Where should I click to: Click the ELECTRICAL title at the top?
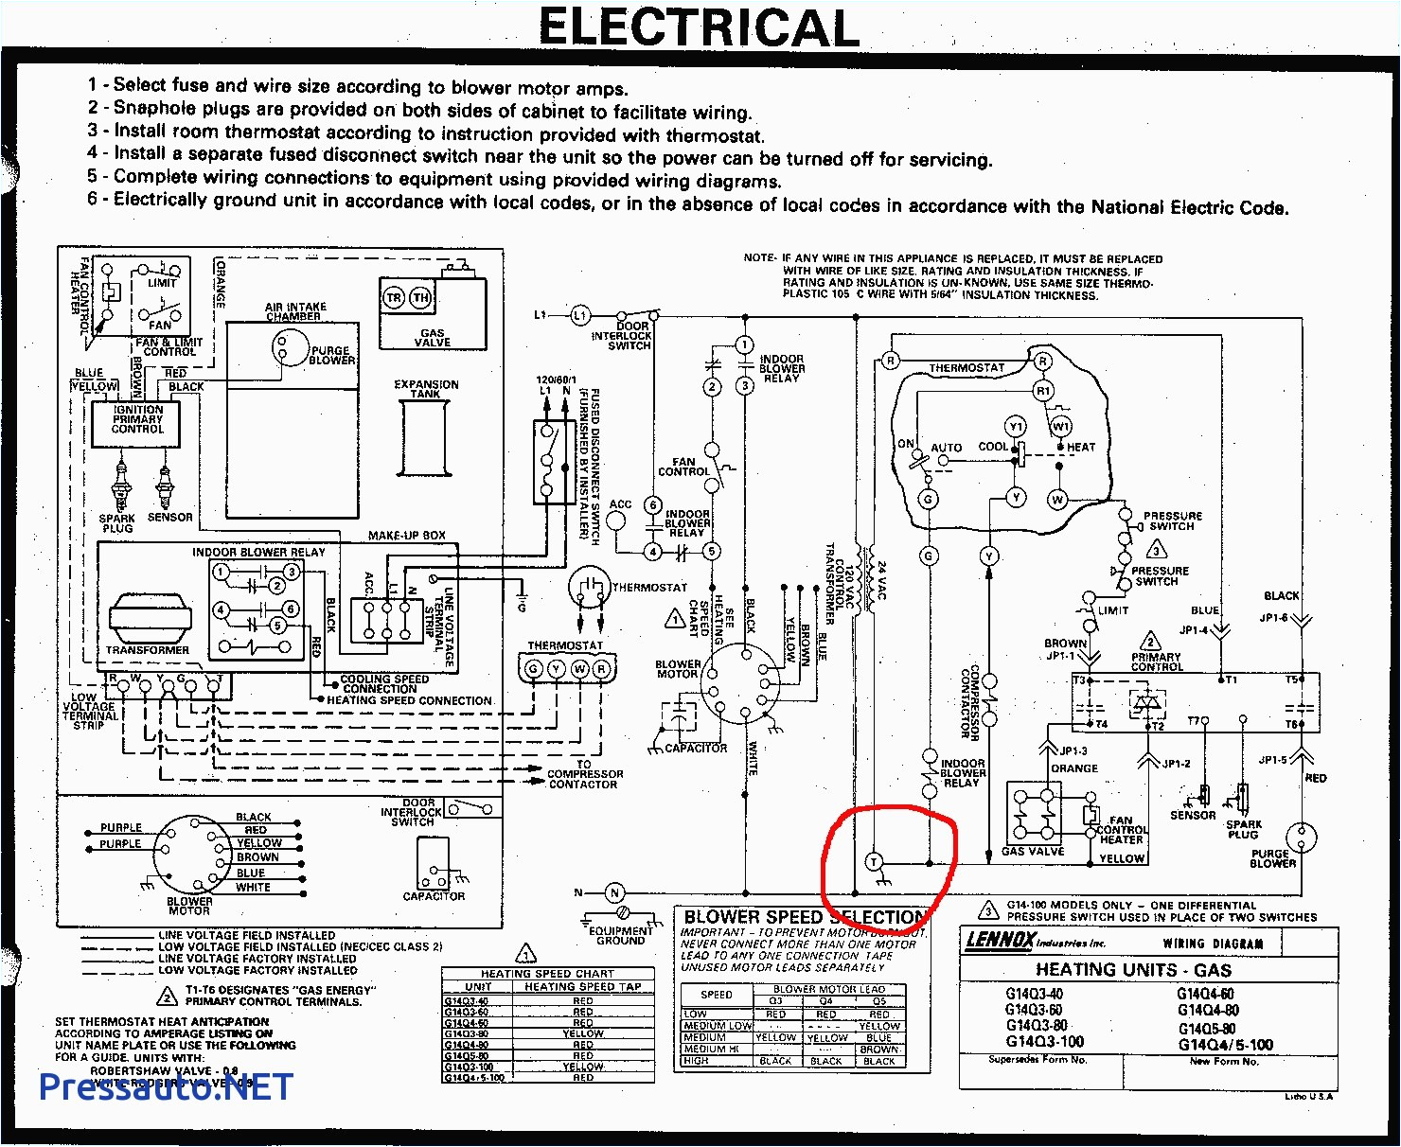pos(699,27)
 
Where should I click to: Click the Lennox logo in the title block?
pos(999,940)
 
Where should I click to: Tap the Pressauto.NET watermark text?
pos(166,1086)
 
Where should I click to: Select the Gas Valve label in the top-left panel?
pos(433,338)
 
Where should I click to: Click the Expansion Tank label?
pos(426,389)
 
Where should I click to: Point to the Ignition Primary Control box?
pos(138,420)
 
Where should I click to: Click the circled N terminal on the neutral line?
pos(614,892)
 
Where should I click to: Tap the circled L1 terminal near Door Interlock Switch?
pos(579,315)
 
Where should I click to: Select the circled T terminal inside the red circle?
pos(874,861)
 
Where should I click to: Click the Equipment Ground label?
pos(621,935)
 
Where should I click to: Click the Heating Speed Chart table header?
pos(547,973)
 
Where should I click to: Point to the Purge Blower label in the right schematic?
pos(1272,857)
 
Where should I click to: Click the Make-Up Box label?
pos(407,535)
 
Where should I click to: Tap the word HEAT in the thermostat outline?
pos(1081,447)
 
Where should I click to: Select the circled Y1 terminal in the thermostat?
pos(1016,426)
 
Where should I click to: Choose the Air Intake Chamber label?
pos(295,311)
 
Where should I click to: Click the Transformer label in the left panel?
pos(148,650)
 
